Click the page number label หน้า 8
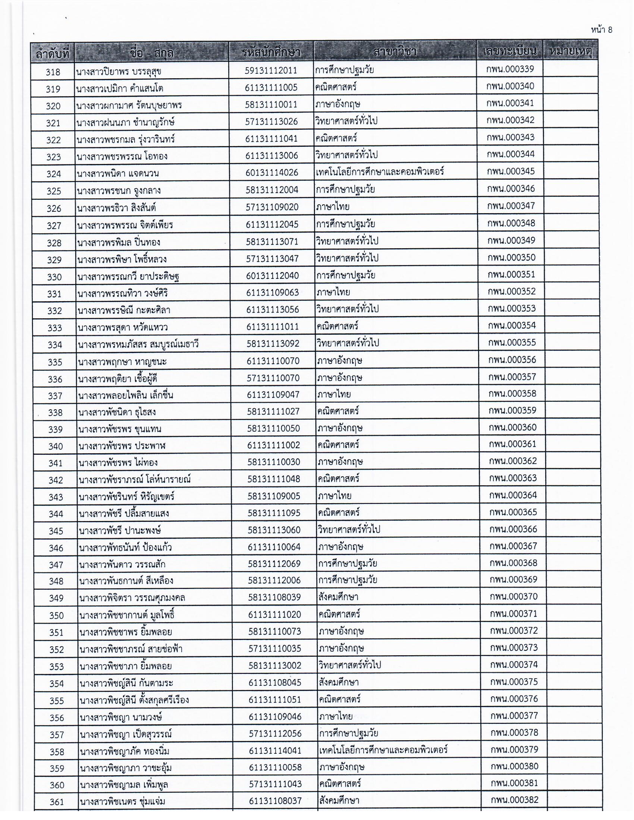(601, 30)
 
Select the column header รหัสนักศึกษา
(271, 52)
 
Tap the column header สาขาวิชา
(395, 51)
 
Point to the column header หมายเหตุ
(570, 51)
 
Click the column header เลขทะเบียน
(510, 51)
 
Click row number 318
(53, 72)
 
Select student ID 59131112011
(271, 70)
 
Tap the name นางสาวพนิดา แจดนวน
(117, 173)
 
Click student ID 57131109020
(272, 207)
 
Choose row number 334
(55, 345)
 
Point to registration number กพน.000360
(512, 427)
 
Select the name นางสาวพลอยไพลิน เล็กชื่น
(125, 395)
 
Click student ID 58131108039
(274, 597)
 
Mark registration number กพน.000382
(514, 800)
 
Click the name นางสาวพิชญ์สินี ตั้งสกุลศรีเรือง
(134, 700)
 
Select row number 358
(57, 752)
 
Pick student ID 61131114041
(275, 751)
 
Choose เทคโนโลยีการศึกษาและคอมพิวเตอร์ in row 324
(380, 172)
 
